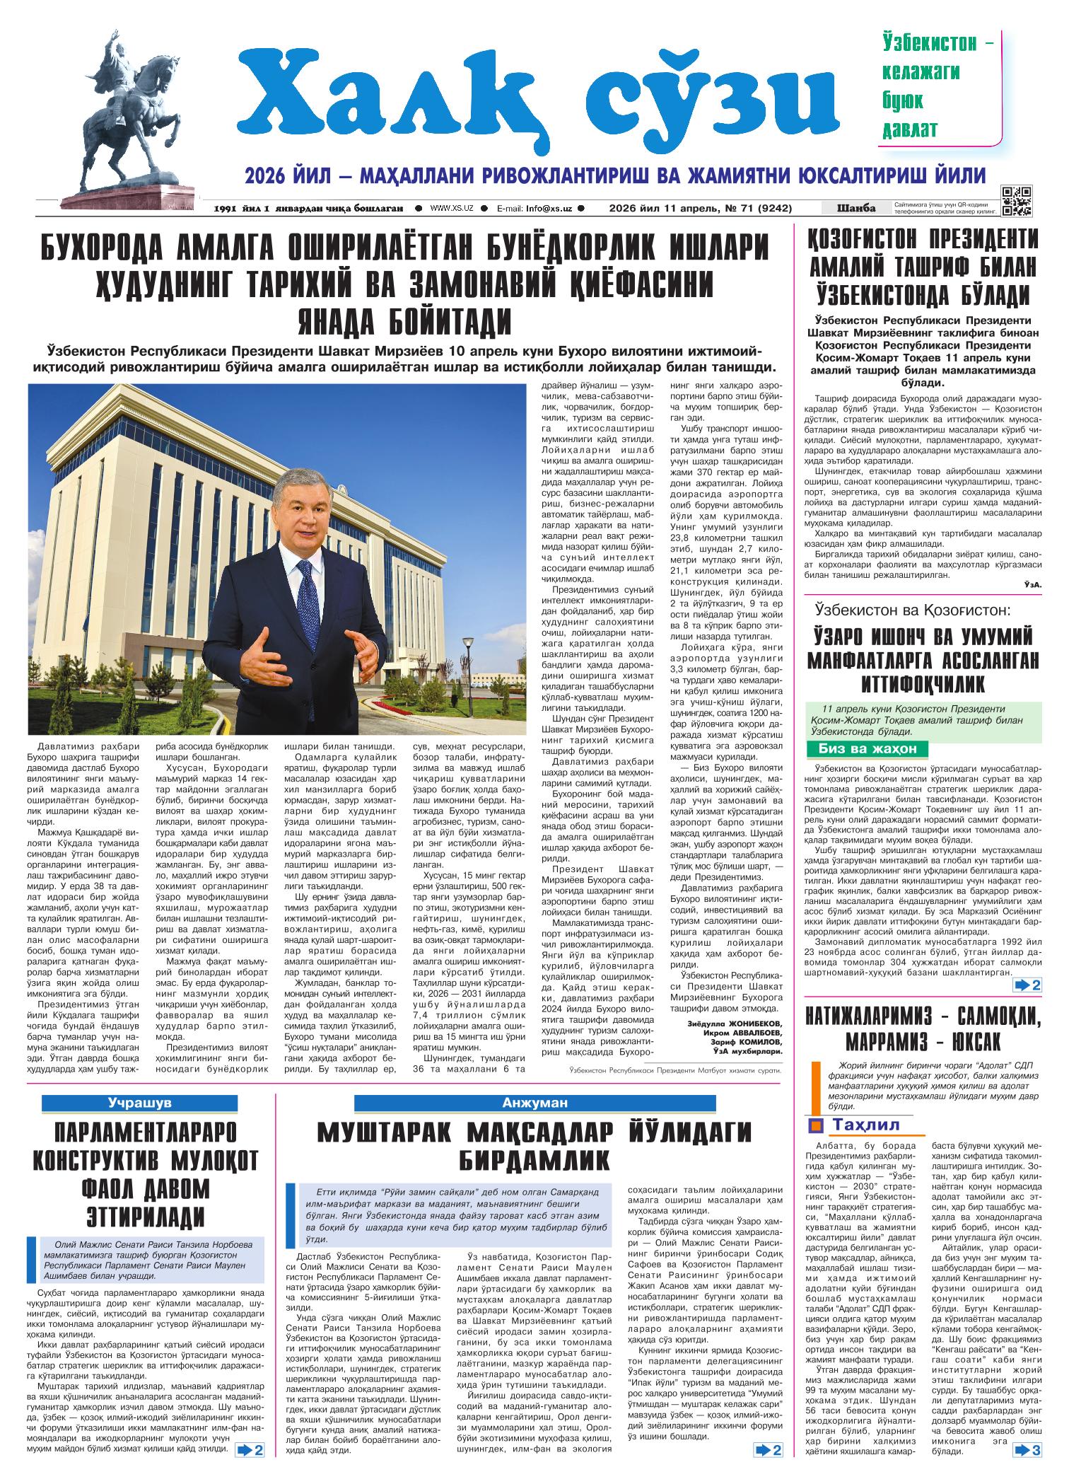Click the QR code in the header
click(x=1016, y=200)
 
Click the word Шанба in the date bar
click(x=855, y=208)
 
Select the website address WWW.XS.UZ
click(x=451, y=209)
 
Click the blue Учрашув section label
click(x=140, y=1102)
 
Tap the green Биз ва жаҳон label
click(x=867, y=749)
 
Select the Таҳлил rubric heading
click(x=865, y=1125)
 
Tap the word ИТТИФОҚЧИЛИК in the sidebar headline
click(x=924, y=685)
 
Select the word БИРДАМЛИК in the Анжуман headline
click(x=534, y=1161)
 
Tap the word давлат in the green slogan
click(x=909, y=129)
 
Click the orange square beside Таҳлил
click(x=816, y=1126)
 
